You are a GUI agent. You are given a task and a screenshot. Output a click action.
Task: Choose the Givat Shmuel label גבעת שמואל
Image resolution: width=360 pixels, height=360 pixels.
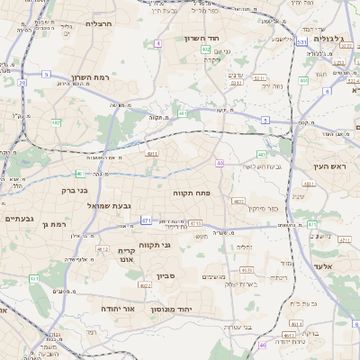click(111, 206)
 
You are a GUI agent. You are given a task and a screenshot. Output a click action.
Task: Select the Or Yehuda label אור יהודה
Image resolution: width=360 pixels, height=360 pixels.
click(117, 308)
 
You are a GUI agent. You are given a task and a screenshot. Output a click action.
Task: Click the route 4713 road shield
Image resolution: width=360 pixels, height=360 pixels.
click(195, 221)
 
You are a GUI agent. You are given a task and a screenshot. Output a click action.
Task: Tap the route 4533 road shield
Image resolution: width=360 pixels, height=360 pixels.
click(247, 269)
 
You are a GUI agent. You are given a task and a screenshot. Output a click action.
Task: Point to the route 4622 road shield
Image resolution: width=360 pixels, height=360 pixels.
click(146, 285)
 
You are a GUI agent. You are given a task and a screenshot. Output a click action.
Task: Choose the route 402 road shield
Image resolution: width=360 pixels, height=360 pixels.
click(206, 49)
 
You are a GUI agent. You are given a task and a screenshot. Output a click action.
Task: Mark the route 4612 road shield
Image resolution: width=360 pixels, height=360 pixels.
click(103, 250)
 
